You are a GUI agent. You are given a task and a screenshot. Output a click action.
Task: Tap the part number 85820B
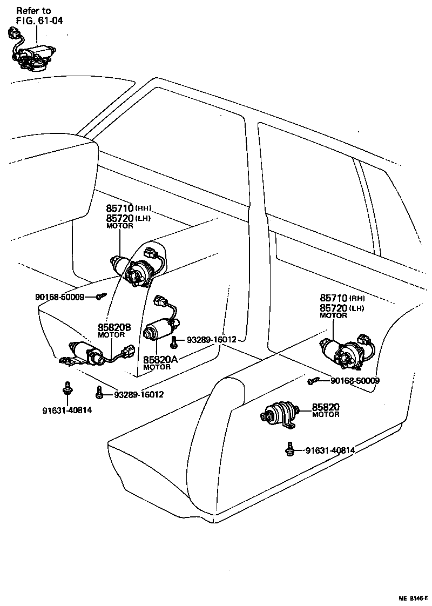click(x=114, y=327)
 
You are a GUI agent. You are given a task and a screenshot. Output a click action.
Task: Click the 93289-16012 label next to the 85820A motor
click(x=211, y=340)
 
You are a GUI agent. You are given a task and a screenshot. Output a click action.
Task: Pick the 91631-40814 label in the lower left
click(x=67, y=410)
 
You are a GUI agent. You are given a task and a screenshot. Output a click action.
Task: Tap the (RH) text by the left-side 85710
click(x=143, y=208)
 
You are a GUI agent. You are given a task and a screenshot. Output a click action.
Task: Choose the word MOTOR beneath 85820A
click(x=157, y=367)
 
